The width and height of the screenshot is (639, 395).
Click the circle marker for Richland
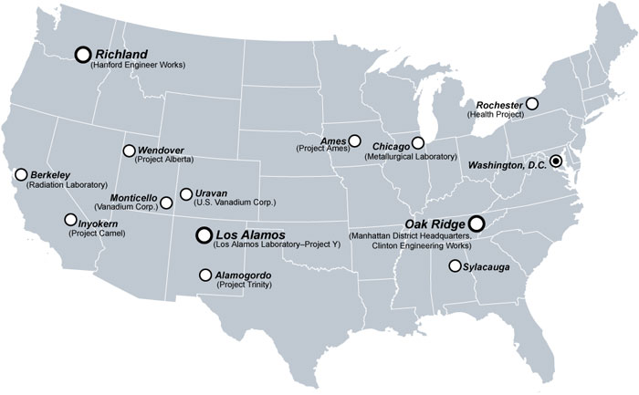coord(83,55)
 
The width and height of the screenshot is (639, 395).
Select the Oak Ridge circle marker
coord(477,223)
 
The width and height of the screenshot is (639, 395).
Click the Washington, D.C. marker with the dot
coord(556,161)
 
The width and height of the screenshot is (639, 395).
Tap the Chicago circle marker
coord(418,142)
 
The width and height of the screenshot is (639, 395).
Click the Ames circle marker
coord(355,141)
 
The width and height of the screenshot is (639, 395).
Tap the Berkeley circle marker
coord(21,174)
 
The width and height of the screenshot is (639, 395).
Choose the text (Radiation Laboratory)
coord(68,184)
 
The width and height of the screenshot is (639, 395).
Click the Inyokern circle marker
coord(70,220)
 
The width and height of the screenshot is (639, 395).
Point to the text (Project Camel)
coord(97,234)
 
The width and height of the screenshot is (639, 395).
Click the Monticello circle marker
coord(166,203)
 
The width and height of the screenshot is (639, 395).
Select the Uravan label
coord(211,192)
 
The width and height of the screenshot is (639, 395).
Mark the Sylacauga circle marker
coord(454,266)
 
